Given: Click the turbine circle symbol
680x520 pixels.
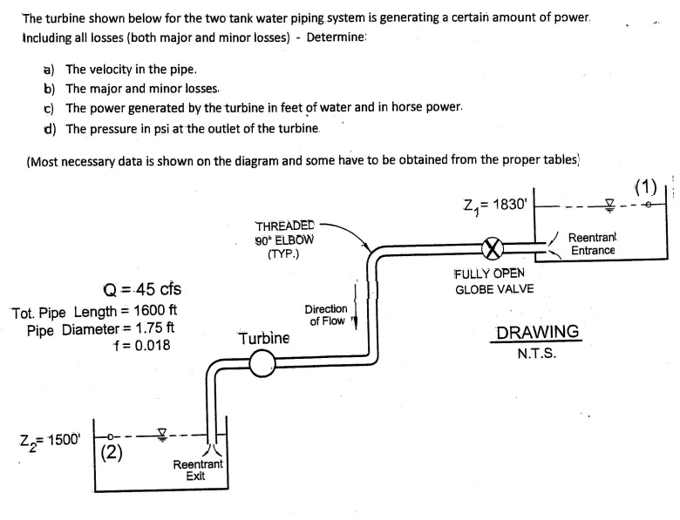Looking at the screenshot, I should click(x=262, y=366).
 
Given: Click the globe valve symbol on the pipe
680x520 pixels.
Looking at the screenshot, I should click(x=494, y=249).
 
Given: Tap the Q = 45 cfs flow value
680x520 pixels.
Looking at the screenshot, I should click(x=142, y=289).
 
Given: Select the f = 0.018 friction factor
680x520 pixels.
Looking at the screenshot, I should click(x=142, y=346).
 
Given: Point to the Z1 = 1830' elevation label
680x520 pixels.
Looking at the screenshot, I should click(x=496, y=205).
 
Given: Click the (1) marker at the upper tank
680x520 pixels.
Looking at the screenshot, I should click(x=645, y=186).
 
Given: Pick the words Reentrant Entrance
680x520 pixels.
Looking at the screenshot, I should click(x=593, y=244).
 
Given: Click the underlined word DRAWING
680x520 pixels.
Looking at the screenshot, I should click(x=537, y=333).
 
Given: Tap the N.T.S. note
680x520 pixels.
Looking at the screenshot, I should click(x=537, y=355).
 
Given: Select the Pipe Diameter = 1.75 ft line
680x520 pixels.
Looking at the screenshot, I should click(x=101, y=329).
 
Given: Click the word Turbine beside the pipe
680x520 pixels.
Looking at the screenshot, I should click(x=263, y=338).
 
